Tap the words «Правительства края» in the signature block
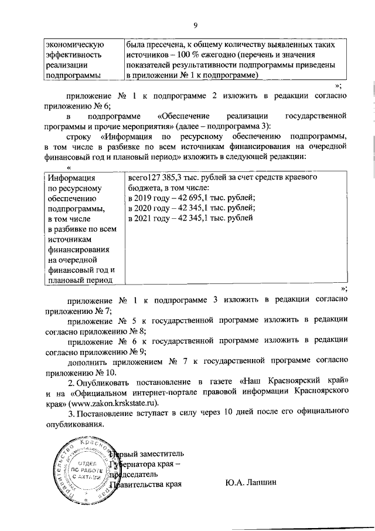pyautogui.click(x=144, y=484)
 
